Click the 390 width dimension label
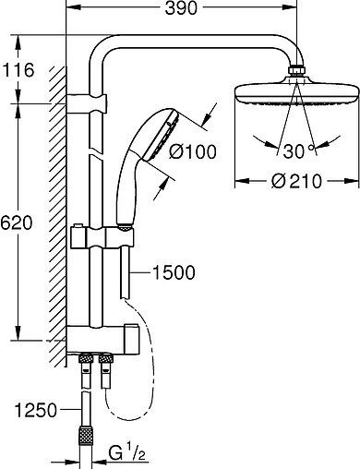(181, 8)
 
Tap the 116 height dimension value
(18, 70)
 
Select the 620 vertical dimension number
(16, 222)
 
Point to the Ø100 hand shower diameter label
(193, 151)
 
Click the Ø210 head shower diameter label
(296, 181)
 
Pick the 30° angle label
(298, 151)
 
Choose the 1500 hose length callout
(174, 272)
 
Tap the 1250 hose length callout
(36, 410)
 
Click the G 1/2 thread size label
(126, 452)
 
